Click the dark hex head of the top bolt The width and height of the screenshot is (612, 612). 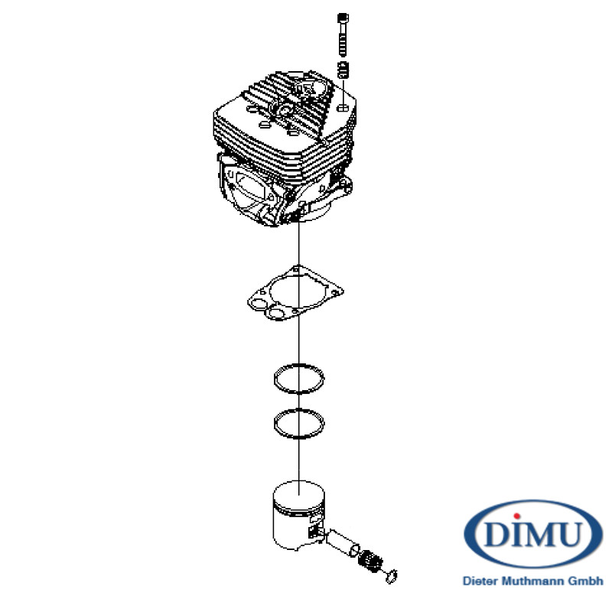(343, 18)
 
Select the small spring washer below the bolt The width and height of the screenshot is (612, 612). (343, 70)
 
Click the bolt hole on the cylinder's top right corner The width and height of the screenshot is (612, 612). (342, 107)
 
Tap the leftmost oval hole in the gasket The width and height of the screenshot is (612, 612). (258, 304)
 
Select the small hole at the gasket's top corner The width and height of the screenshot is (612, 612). (298, 269)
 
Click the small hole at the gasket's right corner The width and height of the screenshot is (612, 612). (335, 291)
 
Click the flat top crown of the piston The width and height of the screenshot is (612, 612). (298, 495)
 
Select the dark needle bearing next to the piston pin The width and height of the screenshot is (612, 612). (370, 561)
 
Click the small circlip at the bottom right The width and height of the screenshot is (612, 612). (392, 576)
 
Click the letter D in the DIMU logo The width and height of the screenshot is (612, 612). (497, 533)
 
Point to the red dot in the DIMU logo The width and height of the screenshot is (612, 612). (517, 516)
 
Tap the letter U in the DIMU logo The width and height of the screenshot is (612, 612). (568, 533)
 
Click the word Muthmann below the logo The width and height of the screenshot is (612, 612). (532, 581)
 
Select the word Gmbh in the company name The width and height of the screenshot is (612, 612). (585, 581)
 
